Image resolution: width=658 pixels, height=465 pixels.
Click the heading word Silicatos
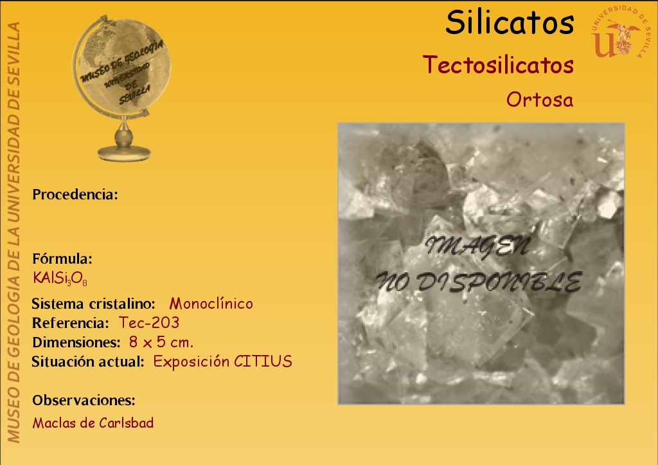(x=510, y=23)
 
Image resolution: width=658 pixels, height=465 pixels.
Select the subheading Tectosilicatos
(x=498, y=65)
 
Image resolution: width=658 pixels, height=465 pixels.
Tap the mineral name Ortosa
(x=540, y=100)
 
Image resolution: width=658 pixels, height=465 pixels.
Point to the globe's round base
(x=124, y=152)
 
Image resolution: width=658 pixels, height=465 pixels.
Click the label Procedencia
(x=75, y=194)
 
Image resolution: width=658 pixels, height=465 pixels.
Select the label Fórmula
(x=62, y=259)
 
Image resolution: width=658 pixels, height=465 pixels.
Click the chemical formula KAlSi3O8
(x=60, y=278)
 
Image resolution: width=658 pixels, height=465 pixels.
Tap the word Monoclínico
(x=211, y=304)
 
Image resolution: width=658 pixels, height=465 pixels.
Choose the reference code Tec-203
(x=149, y=323)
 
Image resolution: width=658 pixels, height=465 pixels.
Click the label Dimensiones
(x=76, y=342)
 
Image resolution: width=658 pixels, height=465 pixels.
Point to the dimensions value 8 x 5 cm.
(x=161, y=342)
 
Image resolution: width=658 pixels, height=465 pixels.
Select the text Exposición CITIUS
(x=222, y=361)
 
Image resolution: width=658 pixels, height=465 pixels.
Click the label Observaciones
(x=84, y=400)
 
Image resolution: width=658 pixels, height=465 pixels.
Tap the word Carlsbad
(x=127, y=423)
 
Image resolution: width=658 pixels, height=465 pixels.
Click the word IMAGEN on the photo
(x=478, y=246)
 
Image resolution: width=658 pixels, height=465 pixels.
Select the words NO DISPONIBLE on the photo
(x=478, y=282)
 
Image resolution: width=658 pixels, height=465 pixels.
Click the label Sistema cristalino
(x=94, y=304)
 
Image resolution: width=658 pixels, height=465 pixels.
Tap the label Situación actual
(x=88, y=361)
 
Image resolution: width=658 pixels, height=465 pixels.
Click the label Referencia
(x=71, y=323)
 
